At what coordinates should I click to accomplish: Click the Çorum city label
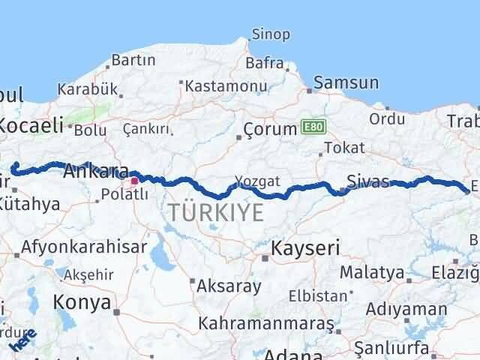(271, 129)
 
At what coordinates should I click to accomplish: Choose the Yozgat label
(257, 181)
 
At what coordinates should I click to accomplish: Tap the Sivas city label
(368, 181)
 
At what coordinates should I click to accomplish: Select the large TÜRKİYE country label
(216, 212)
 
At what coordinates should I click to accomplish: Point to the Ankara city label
(94, 171)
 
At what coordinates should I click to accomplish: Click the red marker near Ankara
(134, 180)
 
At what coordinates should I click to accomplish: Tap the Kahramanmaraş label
(265, 323)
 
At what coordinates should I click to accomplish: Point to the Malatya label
(373, 271)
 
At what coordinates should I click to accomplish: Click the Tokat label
(344, 148)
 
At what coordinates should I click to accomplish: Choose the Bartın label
(133, 60)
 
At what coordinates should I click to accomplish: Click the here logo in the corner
(22, 339)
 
